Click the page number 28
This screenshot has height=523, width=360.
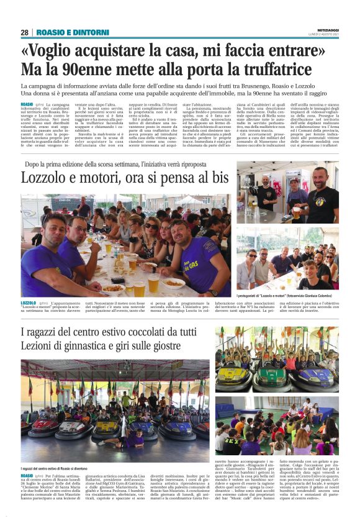point(24,32)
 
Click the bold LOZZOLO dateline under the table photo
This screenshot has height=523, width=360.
point(29,302)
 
